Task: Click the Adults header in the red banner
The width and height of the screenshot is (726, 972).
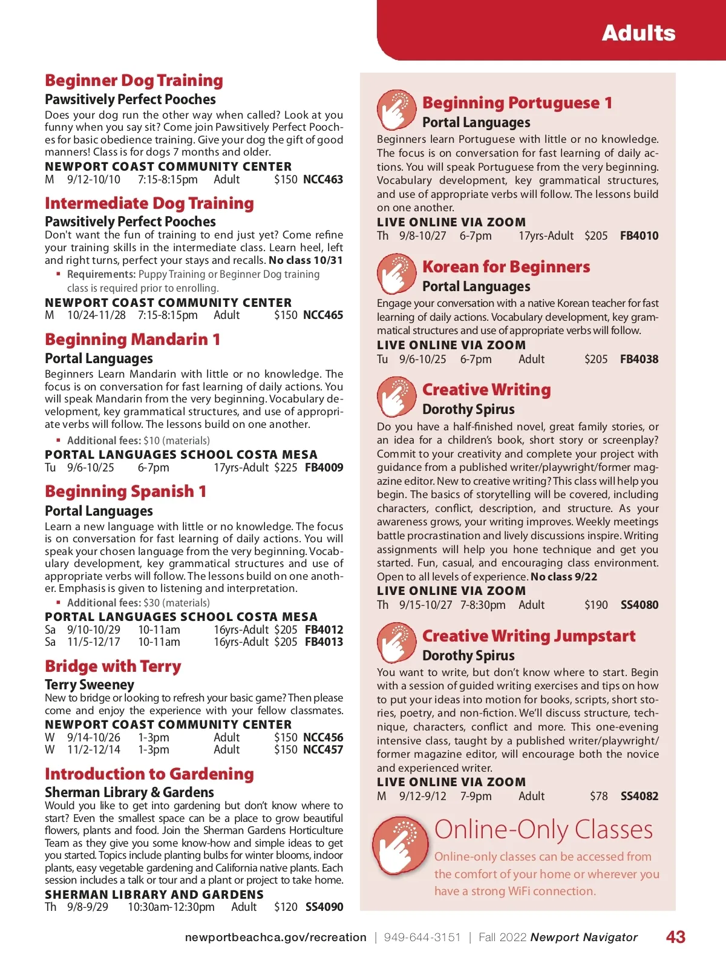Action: pos(638,33)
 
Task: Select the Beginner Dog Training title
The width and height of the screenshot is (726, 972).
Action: pos(134,80)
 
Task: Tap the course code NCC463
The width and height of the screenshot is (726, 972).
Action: pos(323,180)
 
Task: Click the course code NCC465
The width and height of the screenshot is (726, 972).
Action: pos(323,315)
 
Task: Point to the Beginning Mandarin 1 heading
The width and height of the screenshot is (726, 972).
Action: pos(132,340)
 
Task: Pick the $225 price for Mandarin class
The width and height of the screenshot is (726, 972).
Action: pos(286,468)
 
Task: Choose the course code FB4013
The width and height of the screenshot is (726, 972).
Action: pos(324,642)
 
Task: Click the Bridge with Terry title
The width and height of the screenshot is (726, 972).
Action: pos(113,666)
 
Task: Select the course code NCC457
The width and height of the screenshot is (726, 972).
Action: pos(323,750)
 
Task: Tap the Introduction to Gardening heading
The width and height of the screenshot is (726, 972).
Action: pos(149,774)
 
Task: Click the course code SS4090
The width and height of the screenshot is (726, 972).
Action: pos(324,907)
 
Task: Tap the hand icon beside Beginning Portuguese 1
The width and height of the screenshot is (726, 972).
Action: pos(396,110)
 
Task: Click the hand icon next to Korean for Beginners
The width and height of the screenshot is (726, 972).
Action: pos(396,274)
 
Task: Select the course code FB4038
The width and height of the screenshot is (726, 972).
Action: pos(639,360)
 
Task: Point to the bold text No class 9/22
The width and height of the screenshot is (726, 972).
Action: pos(564,577)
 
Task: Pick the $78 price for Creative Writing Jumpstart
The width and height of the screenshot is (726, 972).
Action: pos(598,796)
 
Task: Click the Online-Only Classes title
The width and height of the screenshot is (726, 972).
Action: pos(543,830)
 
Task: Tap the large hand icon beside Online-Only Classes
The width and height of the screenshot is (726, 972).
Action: pos(400,846)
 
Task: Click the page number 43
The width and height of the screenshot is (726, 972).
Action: pos(675,938)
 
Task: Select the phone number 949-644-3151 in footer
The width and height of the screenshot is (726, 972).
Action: pos(422,938)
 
